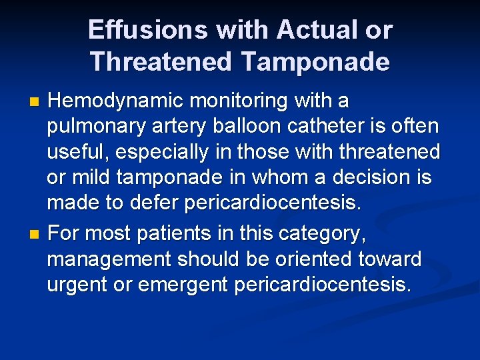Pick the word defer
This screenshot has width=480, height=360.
[165, 203]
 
